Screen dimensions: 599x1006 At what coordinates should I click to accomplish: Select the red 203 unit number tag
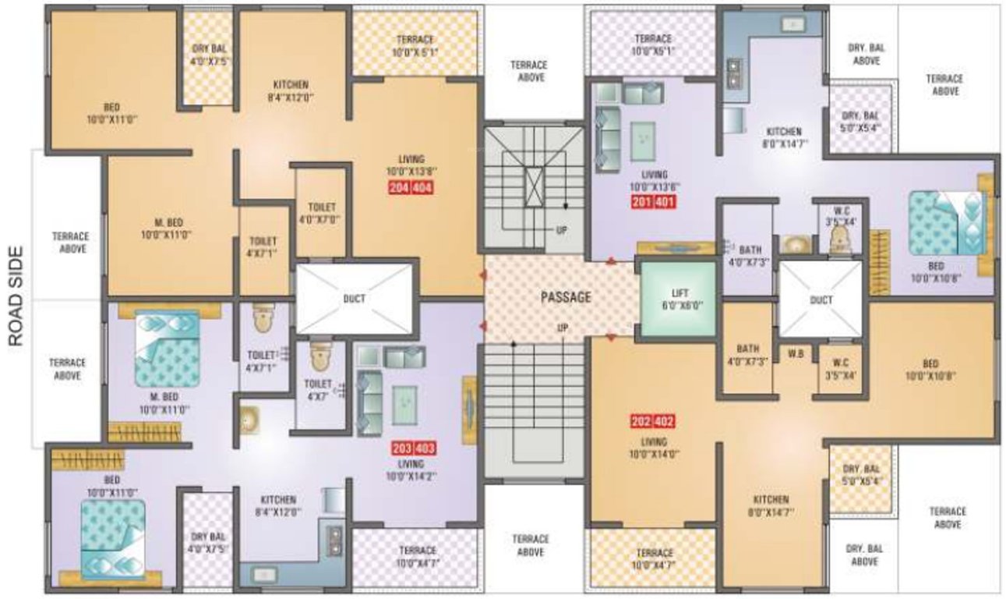[403, 448]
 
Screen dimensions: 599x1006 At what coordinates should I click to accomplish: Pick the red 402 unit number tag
[664, 423]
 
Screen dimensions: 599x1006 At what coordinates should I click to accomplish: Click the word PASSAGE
[567, 297]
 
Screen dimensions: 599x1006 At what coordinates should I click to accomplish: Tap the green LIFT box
[677, 299]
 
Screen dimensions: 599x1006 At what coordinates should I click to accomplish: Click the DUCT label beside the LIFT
[821, 299]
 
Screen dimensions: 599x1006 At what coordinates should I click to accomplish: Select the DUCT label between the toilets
[354, 297]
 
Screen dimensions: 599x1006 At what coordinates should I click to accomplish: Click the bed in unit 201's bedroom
[948, 223]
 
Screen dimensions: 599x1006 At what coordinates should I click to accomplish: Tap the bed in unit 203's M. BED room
[167, 348]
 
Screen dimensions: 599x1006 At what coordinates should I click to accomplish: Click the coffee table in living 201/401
[643, 141]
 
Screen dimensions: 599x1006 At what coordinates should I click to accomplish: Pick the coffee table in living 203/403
[404, 404]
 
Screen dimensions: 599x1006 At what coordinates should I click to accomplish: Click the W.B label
[795, 353]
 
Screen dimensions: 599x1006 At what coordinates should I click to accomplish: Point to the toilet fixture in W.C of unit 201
[838, 242]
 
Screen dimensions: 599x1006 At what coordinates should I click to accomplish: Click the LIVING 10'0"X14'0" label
[653, 448]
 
